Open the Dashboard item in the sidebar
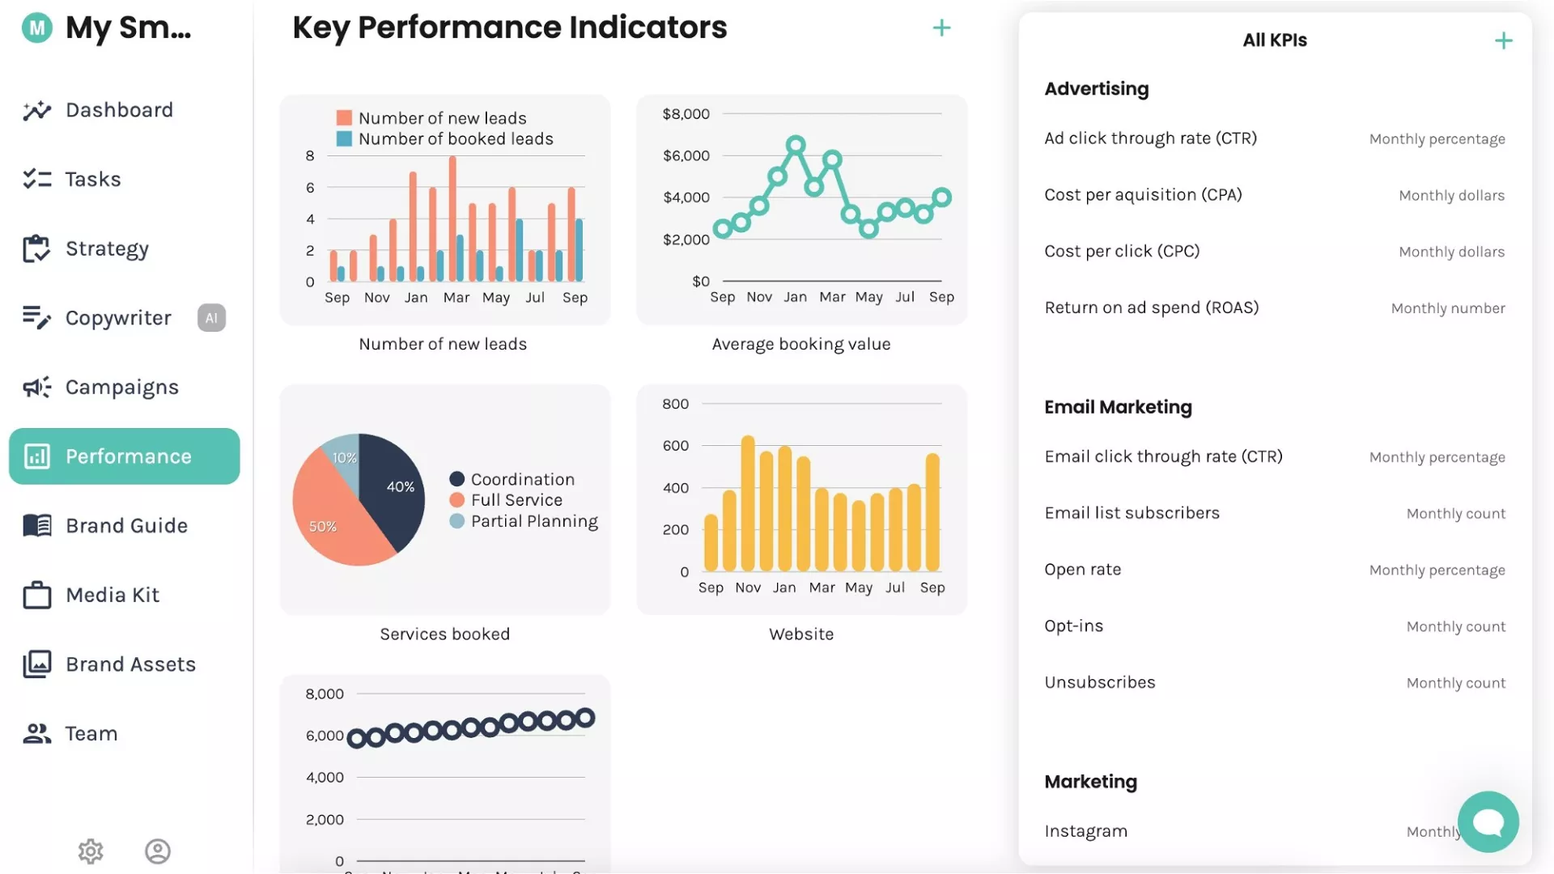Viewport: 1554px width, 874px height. pos(118,110)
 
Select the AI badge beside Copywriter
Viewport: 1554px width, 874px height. pos(211,318)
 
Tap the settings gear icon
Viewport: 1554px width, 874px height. pos(91,851)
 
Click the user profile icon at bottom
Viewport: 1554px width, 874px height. pos(158,851)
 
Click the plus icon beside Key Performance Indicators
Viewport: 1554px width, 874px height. pos(941,28)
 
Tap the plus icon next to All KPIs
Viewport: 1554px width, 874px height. pos(1503,40)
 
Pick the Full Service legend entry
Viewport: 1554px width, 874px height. pos(516,500)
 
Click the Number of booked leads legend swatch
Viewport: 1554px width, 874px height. pos(344,139)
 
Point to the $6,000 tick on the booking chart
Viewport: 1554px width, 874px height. pos(686,155)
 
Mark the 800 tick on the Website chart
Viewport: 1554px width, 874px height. pos(675,404)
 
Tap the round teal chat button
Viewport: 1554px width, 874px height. pos(1488,821)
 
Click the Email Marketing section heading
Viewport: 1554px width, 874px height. pos(1118,407)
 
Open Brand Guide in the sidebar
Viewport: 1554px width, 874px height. pos(126,526)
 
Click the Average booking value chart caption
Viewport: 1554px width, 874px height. pos(801,344)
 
